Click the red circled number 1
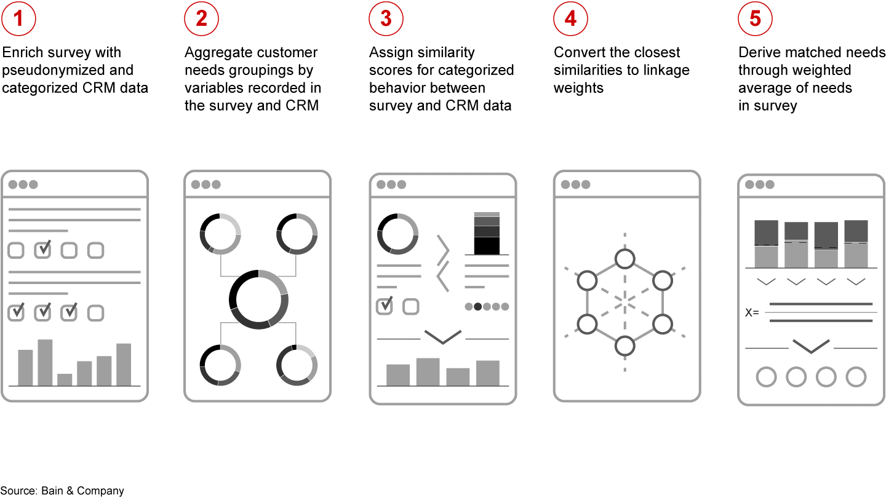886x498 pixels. pyautogui.click(x=18, y=19)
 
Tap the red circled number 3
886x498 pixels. pyautogui.click(x=386, y=19)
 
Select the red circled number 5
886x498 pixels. pyautogui.click(x=755, y=19)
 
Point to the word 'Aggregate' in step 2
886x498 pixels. pyautogui.click(x=216, y=53)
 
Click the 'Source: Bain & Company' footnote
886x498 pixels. pyautogui.click(x=62, y=491)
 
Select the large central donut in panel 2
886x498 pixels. pyautogui.click(x=258, y=299)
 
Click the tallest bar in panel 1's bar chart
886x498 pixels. pyautogui.click(x=45, y=362)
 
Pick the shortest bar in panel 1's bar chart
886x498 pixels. pyautogui.click(x=65, y=379)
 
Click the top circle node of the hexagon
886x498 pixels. pyautogui.click(x=625, y=259)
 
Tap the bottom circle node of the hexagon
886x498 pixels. pyautogui.click(x=625, y=346)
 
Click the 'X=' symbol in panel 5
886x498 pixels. pyautogui.click(x=752, y=312)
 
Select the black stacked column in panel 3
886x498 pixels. pyautogui.click(x=487, y=233)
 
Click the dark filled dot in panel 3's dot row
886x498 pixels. pyautogui.click(x=477, y=307)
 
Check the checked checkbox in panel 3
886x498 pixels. pyautogui.click(x=385, y=306)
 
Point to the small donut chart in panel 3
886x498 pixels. pyautogui.click(x=397, y=234)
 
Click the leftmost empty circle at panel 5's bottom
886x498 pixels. pyautogui.click(x=766, y=376)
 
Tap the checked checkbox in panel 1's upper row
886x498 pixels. pyautogui.click(x=42, y=250)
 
